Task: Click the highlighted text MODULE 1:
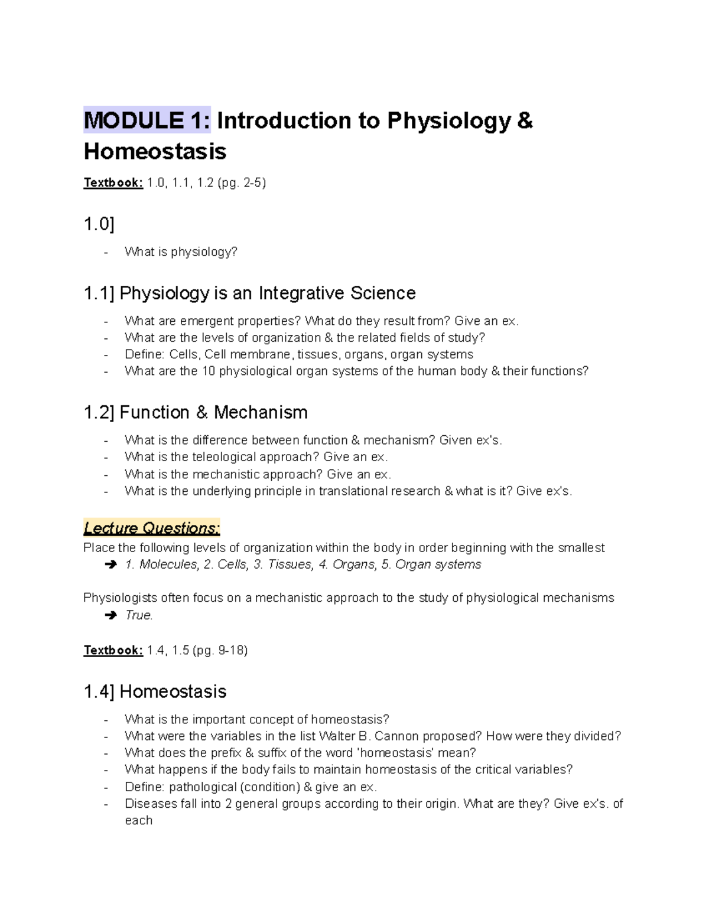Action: click(x=147, y=121)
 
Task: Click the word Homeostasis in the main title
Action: click(x=155, y=152)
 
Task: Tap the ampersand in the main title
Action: click(x=525, y=121)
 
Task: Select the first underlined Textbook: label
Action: click(x=113, y=183)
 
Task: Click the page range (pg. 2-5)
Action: click(x=242, y=183)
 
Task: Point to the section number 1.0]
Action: click(x=99, y=224)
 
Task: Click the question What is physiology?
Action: click(x=181, y=252)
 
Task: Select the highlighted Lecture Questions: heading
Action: click(x=151, y=528)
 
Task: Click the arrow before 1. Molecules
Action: click(x=110, y=565)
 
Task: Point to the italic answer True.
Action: click(x=139, y=615)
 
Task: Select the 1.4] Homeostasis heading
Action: click(x=155, y=691)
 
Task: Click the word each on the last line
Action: click(x=138, y=821)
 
